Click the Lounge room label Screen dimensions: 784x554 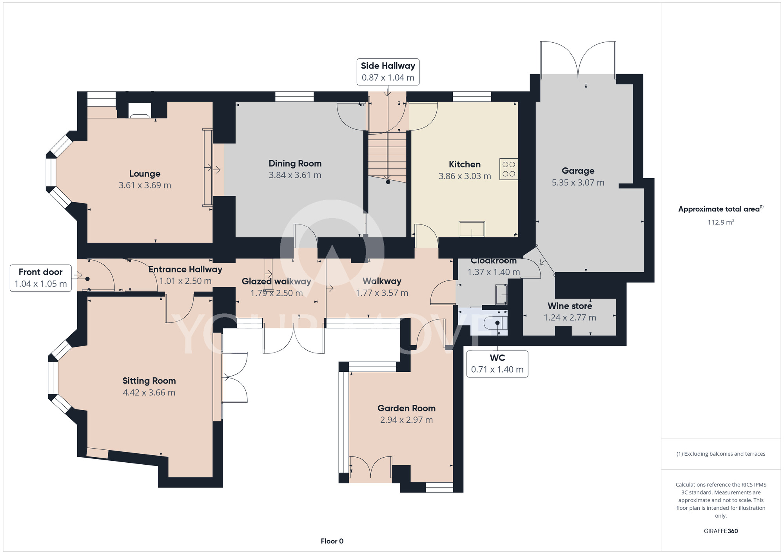[145, 174]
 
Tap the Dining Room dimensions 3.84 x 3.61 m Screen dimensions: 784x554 [295, 175]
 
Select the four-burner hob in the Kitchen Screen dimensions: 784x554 [509, 169]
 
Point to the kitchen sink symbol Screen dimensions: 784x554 [472, 229]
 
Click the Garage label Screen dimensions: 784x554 [578, 171]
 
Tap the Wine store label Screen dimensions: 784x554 [570, 306]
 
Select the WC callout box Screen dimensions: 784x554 [497, 364]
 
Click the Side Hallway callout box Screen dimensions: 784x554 [388, 72]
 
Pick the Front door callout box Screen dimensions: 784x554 [41, 278]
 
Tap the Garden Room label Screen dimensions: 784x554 [407, 408]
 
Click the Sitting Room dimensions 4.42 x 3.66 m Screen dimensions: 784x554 [149, 393]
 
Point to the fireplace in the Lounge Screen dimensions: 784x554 [140, 110]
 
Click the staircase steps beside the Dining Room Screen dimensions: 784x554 [387, 154]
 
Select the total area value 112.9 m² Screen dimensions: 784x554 [721, 222]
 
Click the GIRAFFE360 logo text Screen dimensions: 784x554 [721, 531]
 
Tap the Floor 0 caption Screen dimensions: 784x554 [332, 541]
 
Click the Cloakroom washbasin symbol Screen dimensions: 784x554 [501, 295]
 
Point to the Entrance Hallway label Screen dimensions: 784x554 [185, 270]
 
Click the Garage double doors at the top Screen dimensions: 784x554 [578, 60]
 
